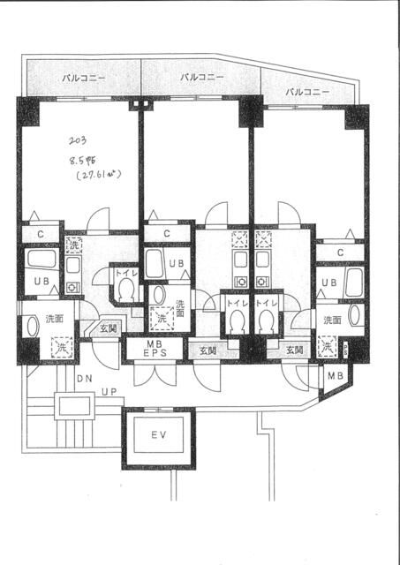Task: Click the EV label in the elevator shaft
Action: (158, 435)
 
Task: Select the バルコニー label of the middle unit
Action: (201, 78)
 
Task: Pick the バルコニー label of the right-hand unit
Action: (307, 92)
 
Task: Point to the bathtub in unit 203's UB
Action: (41, 261)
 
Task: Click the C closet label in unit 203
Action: (40, 234)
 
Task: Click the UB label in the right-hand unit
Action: (328, 283)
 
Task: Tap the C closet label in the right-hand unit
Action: (341, 252)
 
